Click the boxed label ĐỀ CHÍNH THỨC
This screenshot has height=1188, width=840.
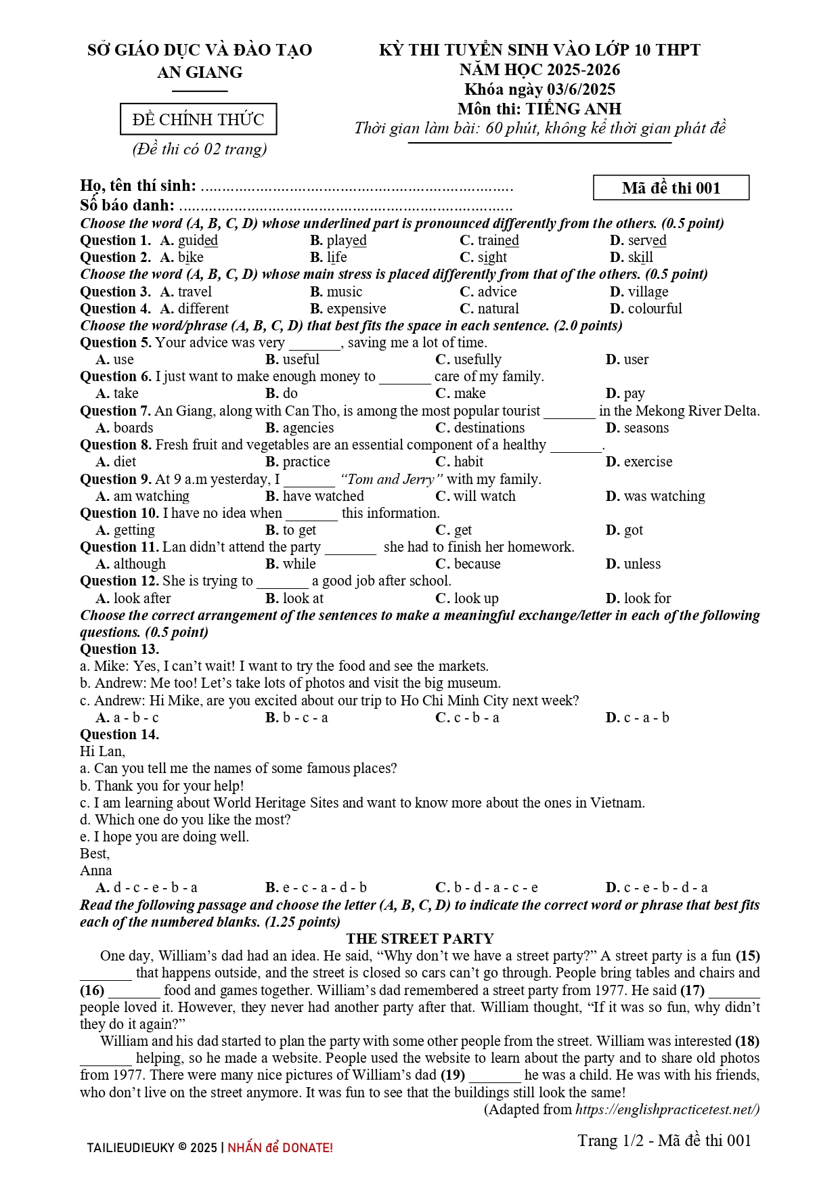tap(198, 120)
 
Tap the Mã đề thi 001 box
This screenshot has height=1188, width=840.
tap(671, 188)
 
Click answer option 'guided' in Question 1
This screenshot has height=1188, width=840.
tap(197, 241)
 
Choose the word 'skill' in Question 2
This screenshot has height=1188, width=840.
tap(640, 258)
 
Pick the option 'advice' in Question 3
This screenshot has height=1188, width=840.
tap(496, 292)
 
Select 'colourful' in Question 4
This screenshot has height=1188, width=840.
tap(655, 309)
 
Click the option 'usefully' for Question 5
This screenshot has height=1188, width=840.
tap(477, 359)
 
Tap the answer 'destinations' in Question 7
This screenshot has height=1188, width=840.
tap(489, 428)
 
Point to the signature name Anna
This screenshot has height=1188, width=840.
tap(95, 871)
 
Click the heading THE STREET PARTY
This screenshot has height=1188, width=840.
tap(420, 939)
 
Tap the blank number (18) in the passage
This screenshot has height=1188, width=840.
tap(747, 1041)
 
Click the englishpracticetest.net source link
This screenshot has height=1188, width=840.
tap(667, 1109)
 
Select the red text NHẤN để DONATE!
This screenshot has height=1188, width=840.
tap(280, 1148)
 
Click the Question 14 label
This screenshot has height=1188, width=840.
tap(119, 734)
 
